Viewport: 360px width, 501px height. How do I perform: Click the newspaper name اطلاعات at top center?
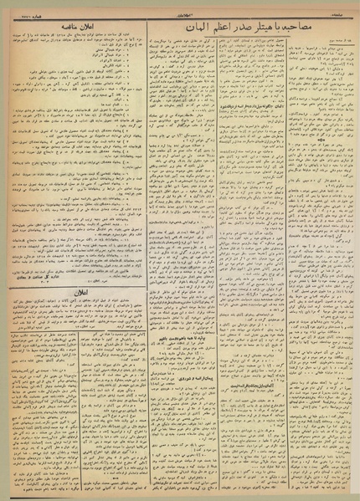point(180,6)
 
